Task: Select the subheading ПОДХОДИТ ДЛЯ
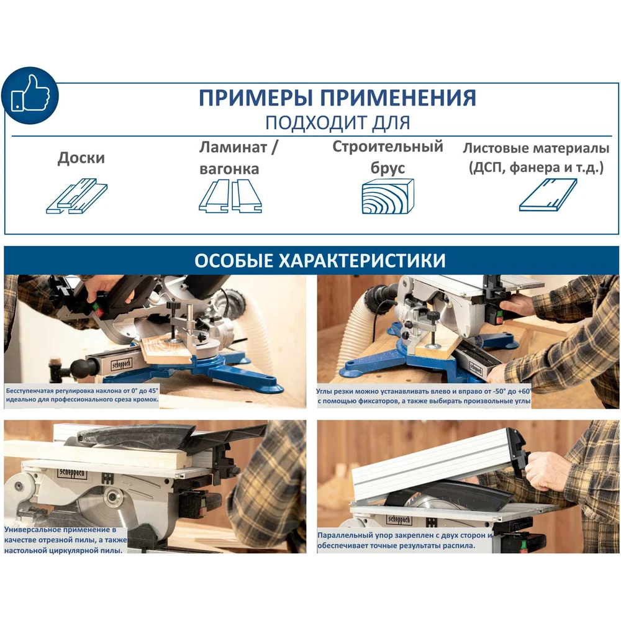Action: coord(337,123)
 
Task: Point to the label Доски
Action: coord(81,158)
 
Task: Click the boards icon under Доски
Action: coord(77,196)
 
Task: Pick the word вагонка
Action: coord(229,169)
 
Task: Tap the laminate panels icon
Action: coord(230,196)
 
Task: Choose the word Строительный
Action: coord(388,147)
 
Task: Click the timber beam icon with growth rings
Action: coord(388,196)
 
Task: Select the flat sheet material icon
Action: coord(548,194)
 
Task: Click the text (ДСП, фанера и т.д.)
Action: coord(537,168)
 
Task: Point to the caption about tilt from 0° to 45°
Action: coord(82,395)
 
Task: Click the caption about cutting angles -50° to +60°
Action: coord(424,396)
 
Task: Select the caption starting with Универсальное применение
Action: coord(66,540)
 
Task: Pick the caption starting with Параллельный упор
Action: coord(405,541)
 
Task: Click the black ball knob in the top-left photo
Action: coord(80,368)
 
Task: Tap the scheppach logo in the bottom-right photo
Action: coord(399,519)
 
